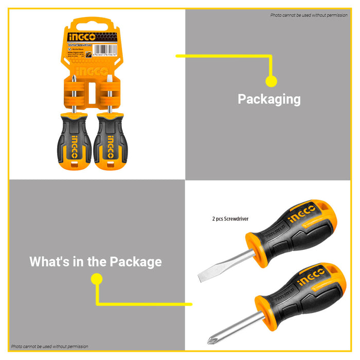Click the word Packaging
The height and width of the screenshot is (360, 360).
[x=269, y=99]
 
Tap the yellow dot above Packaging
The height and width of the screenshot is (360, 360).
[x=271, y=81]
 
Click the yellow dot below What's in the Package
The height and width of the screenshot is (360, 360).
[x=96, y=279]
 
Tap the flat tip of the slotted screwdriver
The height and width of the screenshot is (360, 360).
[x=202, y=278]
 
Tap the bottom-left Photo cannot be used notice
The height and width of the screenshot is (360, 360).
[x=50, y=347]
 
